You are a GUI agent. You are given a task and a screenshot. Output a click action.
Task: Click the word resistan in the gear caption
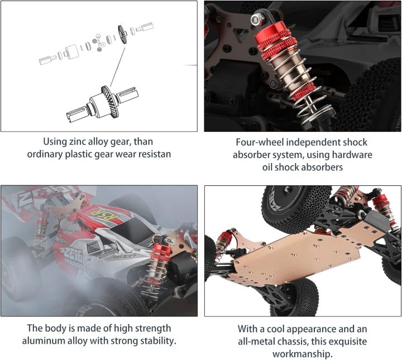coord(151,154)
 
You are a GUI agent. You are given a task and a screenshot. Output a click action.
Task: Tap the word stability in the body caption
coord(157,340)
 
